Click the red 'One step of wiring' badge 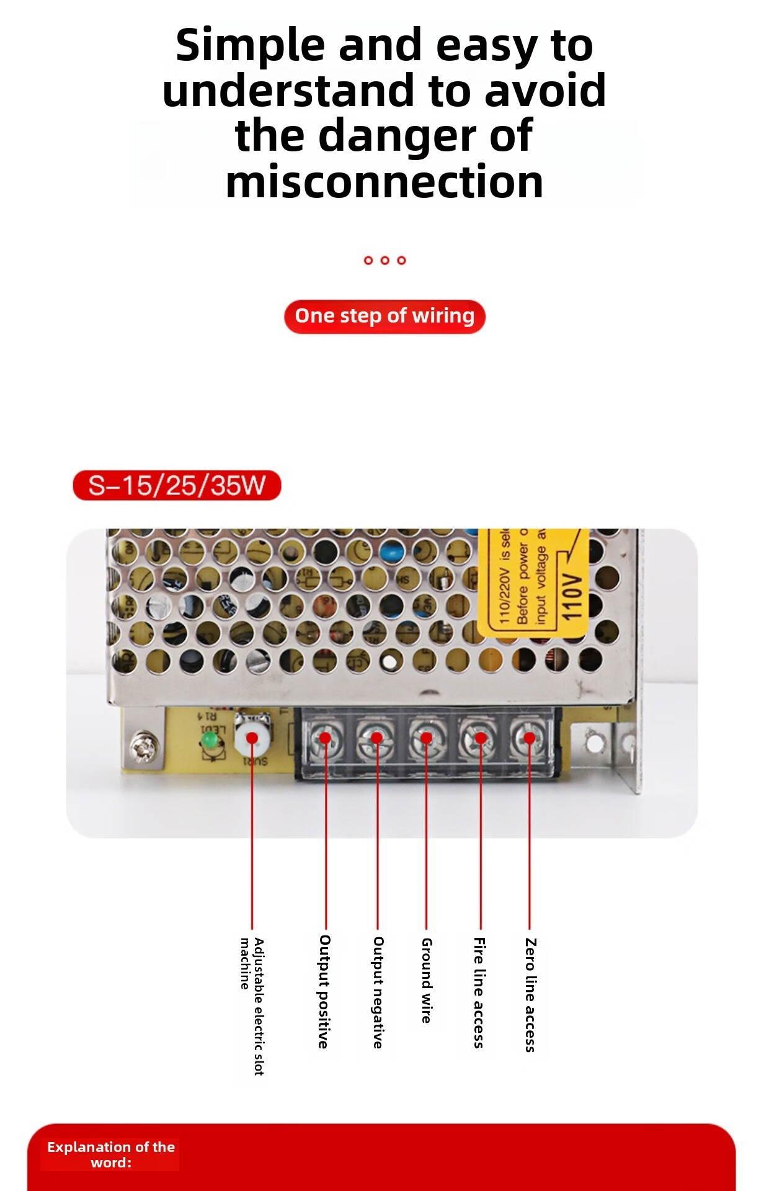coord(384,316)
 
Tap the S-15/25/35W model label coord(177,485)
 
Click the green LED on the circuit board coord(210,740)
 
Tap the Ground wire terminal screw coord(426,738)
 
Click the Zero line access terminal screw coord(529,738)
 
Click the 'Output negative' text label coord(378,992)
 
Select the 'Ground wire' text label coord(427,980)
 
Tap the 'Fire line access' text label coord(479,993)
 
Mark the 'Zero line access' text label coord(530,995)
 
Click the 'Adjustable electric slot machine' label coord(252,1005)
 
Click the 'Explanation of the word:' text coord(111,1154)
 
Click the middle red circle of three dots coord(384,260)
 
